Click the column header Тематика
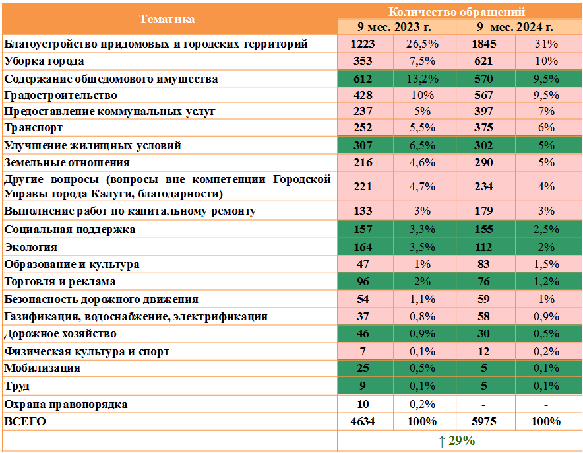168,19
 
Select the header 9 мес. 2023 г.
395,27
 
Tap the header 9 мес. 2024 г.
516,27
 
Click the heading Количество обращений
456,11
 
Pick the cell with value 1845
483,44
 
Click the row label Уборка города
44,61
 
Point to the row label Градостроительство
61,95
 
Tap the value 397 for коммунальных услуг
483,111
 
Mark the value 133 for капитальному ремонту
363,211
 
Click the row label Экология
30,247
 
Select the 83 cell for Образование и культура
483,264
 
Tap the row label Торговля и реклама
60,282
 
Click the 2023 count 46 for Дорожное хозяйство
363,333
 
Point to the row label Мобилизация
42,368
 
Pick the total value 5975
483,421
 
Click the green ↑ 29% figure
456,440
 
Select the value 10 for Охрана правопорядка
363,404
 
